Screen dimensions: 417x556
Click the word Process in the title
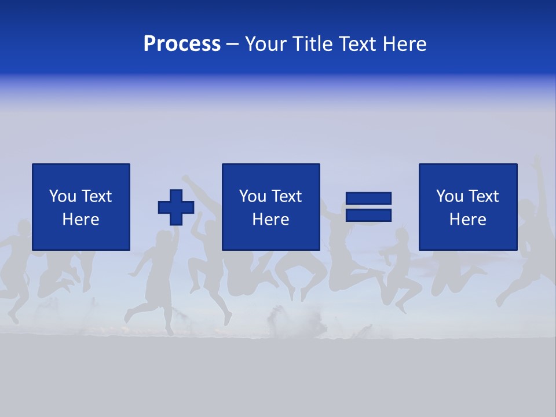point(182,44)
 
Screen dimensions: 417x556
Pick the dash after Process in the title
point(233,45)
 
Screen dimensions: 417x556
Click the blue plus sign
point(176,207)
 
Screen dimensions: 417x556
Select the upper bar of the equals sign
point(368,198)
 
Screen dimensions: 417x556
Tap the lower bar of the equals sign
point(368,215)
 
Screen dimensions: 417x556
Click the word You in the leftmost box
point(63,196)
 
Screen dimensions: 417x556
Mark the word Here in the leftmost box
point(81,220)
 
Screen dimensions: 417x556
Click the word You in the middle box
point(253,196)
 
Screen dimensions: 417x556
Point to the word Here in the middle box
point(270,220)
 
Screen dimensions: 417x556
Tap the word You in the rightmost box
point(449,196)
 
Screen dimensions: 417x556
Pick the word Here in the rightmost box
point(467,220)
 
